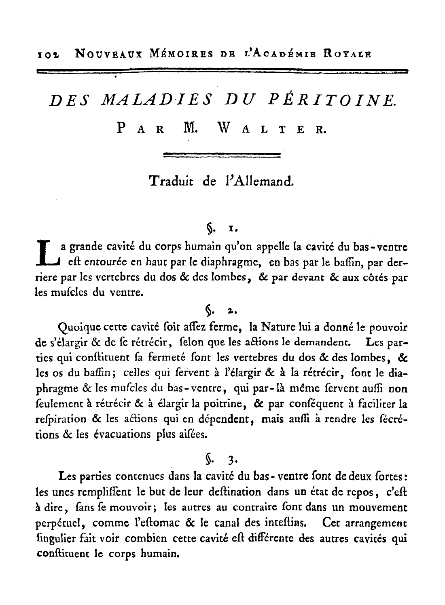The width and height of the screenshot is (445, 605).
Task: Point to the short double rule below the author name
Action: (221, 154)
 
